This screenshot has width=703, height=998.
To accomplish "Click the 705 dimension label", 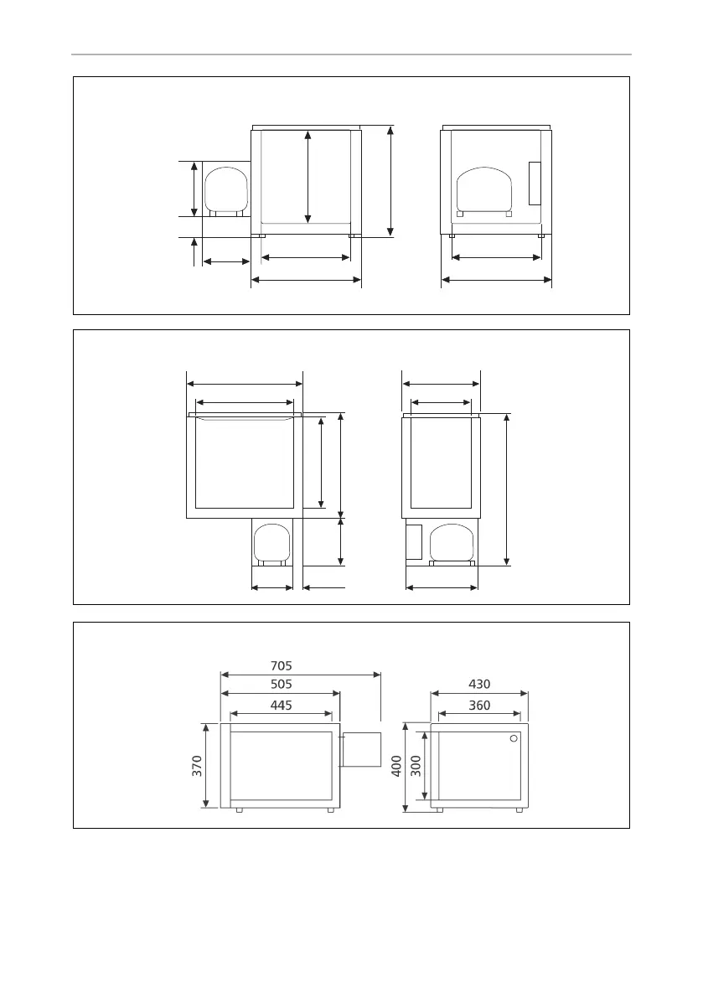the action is [x=282, y=666].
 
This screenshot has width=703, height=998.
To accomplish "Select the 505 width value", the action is [x=282, y=685].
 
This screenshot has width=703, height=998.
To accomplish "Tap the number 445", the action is [x=282, y=706].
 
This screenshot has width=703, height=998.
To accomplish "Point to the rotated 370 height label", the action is [x=197, y=766].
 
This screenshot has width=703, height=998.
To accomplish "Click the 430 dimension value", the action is [x=479, y=685].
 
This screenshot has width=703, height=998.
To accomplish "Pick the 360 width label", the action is [x=479, y=706].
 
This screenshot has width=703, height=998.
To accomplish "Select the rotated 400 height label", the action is [x=396, y=766].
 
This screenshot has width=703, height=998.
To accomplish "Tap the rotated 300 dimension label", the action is [x=416, y=766].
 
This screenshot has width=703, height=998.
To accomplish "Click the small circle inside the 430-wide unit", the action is [x=514, y=739].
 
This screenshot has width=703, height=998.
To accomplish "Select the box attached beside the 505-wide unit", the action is [x=361, y=750].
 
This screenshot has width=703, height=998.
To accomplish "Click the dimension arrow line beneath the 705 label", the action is [x=300, y=675].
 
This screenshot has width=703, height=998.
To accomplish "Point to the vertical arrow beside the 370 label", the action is [x=205, y=766].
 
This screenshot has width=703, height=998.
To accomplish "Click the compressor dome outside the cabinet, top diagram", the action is [x=226, y=189].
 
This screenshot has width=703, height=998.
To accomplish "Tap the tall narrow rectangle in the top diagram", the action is [x=535, y=184].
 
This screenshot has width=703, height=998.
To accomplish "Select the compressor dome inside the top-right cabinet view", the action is [x=484, y=189].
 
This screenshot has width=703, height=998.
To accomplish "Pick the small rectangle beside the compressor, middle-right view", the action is [x=414, y=542].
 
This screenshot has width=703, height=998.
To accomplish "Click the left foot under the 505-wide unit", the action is [x=239, y=810].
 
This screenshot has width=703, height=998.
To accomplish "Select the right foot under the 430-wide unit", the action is [x=519, y=810].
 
